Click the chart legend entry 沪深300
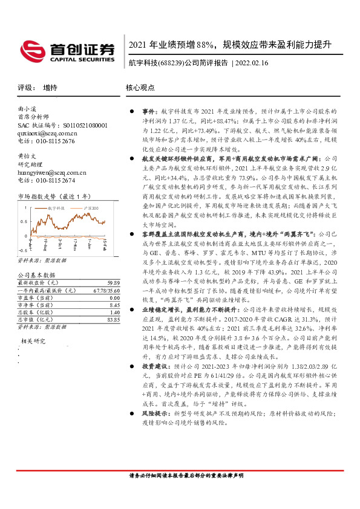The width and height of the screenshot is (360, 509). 89,207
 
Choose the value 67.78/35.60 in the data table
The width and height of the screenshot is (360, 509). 105,291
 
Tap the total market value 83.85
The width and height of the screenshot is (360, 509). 113,320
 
